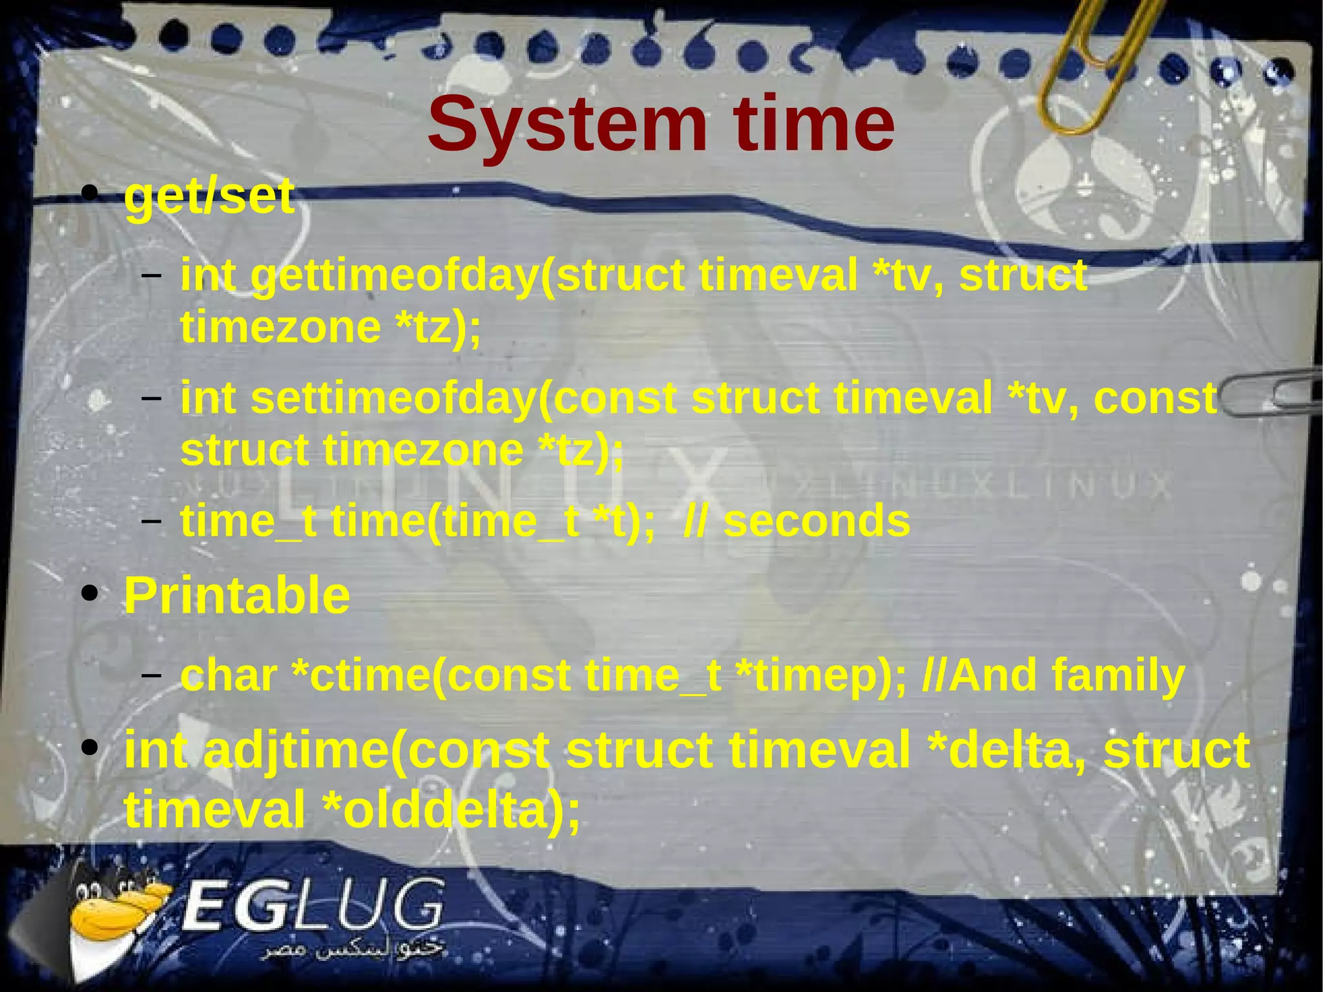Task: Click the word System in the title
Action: (567, 125)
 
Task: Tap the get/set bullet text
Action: (209, 196)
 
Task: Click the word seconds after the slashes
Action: (817, 521)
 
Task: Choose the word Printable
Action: (237, 596)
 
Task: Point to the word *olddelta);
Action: (452, 810)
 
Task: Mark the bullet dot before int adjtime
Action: (90, 748)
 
